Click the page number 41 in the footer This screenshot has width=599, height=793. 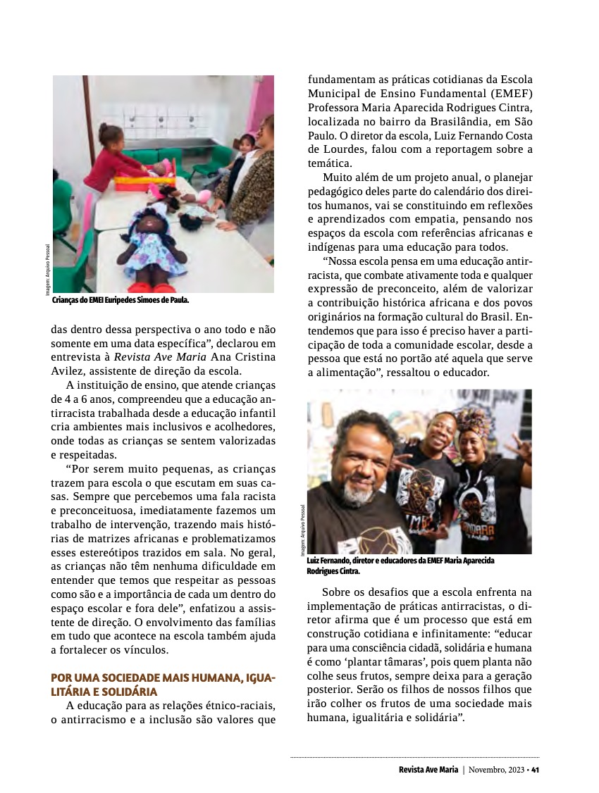click(536, 769)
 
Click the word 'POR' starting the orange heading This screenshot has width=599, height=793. click(61, 678)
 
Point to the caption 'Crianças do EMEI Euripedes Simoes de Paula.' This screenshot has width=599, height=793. click(121, 300)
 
